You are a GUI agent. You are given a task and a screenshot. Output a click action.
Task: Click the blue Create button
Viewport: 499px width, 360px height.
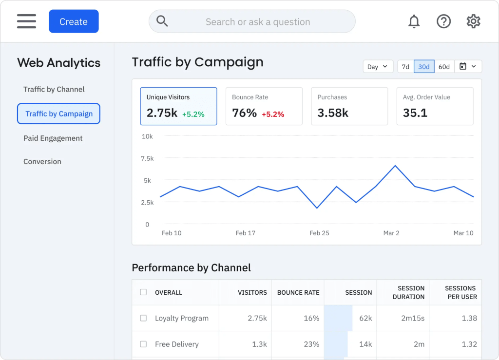pyautogui.click(x=74, y=21)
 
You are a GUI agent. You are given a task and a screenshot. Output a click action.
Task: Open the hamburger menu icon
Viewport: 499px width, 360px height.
pyautogui.click(x=26, y=21)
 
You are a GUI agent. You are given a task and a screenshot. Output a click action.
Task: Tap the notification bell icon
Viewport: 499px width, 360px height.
pyautogui.click(x=414, y=21)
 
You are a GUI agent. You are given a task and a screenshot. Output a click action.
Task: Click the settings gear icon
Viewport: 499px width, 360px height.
pyautogui.click(x=473, y=21)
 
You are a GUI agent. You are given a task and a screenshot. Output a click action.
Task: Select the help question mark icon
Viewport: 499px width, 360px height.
pyautogui.click(x=443, y=21)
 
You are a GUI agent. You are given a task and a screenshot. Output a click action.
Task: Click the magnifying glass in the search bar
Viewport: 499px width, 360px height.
pyautogui.click(x=162, y=21)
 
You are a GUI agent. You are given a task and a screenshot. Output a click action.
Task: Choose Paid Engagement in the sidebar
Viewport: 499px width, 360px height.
pyautogui.click(x=53, y=138)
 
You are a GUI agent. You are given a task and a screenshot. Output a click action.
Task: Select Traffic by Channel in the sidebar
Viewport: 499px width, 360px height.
pyautogui.click(x=54, y=89)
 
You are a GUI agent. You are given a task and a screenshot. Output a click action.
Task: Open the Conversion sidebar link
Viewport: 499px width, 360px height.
pyautogui.click(x=42, y=162)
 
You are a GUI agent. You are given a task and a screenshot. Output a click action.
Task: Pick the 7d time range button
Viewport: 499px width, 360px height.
pyautogui.click(x=405, y=67)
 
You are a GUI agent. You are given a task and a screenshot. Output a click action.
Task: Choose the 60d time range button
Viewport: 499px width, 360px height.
pyautogui.click(x=444, y=67)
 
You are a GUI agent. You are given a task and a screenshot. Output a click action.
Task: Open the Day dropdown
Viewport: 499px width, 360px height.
pyautogui.click(x=378, y=67)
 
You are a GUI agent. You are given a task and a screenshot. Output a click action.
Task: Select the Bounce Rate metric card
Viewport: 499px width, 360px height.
pyautogui.click(x=264, y=106)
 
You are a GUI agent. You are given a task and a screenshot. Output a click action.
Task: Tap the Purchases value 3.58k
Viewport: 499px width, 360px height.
pyautogui.click(x=333, y=113)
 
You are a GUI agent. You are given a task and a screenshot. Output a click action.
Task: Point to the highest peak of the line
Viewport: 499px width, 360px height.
pyautogui.click(x=395, y=166)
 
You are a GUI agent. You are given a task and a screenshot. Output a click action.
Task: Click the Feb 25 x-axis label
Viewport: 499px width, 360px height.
pyautogui.click(x=319, y=233)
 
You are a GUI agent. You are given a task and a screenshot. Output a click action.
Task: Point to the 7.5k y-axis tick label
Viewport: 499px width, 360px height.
pyautogui.click(x=147, y=158)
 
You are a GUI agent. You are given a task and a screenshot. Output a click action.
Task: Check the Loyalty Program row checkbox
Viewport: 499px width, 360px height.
pyautogui.click(x=144, y=318)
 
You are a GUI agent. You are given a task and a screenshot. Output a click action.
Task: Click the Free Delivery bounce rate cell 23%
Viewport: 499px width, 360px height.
pyautogui.click(x=311, y=344)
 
